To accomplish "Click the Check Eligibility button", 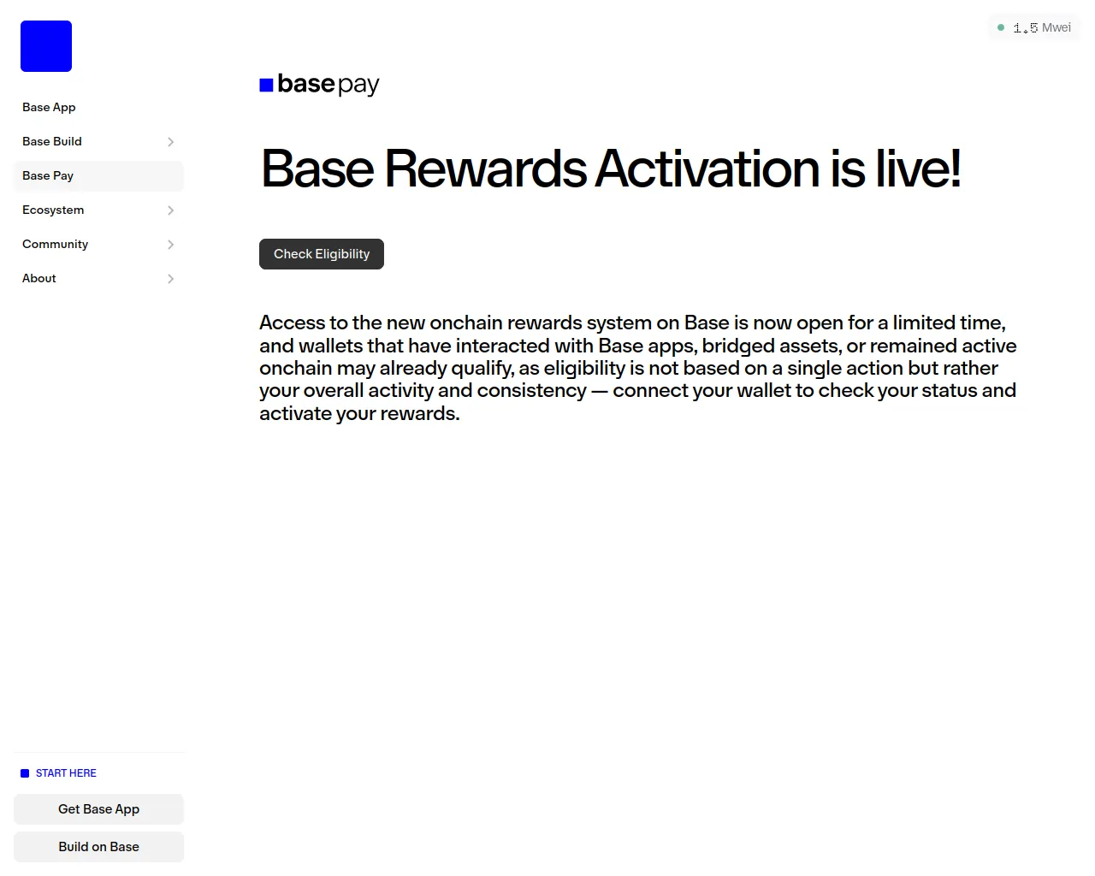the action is click(x=321, y=254).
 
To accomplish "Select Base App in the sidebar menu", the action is click(x=49, y=108).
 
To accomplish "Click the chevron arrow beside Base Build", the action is click(x=171, y=142).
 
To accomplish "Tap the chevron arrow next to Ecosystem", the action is click(x=171, y=210).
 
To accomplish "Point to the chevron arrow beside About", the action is click(x=171, y=279).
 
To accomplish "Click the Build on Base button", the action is click(x=98, y=846).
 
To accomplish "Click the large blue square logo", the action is click(x=46, y=46).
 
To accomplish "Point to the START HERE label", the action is click(x=66, y=773).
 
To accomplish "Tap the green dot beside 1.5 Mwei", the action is click(x=1001, y=27).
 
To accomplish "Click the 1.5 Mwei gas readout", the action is click(x=1042, y=27).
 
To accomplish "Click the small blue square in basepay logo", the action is click(x=266, y=85).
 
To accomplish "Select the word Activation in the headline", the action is click(x=707, y=169).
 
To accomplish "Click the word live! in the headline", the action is click(x=919, y=169).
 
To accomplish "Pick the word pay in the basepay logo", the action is click(x=358, y=86).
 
